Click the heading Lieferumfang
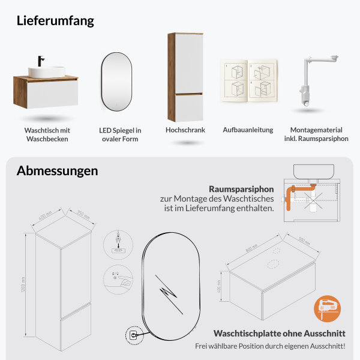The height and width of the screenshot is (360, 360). (x=55, y=20)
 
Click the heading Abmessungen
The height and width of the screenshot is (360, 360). (x=57, y=170)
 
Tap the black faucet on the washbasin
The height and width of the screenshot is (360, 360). (x=41, y=61)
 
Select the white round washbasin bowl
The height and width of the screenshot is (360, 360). (x=47, y=71)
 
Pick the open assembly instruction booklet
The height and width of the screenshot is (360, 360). (x=248, y=81)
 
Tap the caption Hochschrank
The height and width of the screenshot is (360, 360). (x=185, y=130)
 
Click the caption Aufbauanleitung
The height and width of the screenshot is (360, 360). (x=248, y=130)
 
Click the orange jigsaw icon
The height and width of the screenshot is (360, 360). (x=326, y=309)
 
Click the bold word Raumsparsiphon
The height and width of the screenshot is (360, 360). (x=241, y=188)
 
